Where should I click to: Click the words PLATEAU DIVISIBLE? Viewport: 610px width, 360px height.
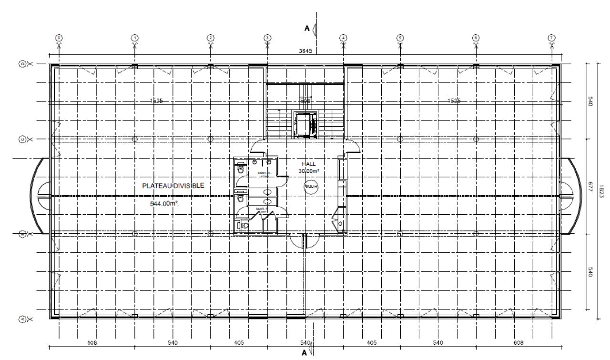coord(173,186)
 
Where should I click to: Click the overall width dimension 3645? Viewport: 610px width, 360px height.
coord(305,51)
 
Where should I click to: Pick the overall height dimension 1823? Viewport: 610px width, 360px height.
coord(601,190)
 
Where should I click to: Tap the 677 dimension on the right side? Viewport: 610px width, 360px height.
coord(590,186)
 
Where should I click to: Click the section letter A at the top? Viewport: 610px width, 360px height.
coord(308,29)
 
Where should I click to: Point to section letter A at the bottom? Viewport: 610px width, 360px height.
coord(304,353)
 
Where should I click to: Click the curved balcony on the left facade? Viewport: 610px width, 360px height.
coord(38,196)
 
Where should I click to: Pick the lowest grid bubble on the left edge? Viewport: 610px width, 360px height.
coord(22,319)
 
